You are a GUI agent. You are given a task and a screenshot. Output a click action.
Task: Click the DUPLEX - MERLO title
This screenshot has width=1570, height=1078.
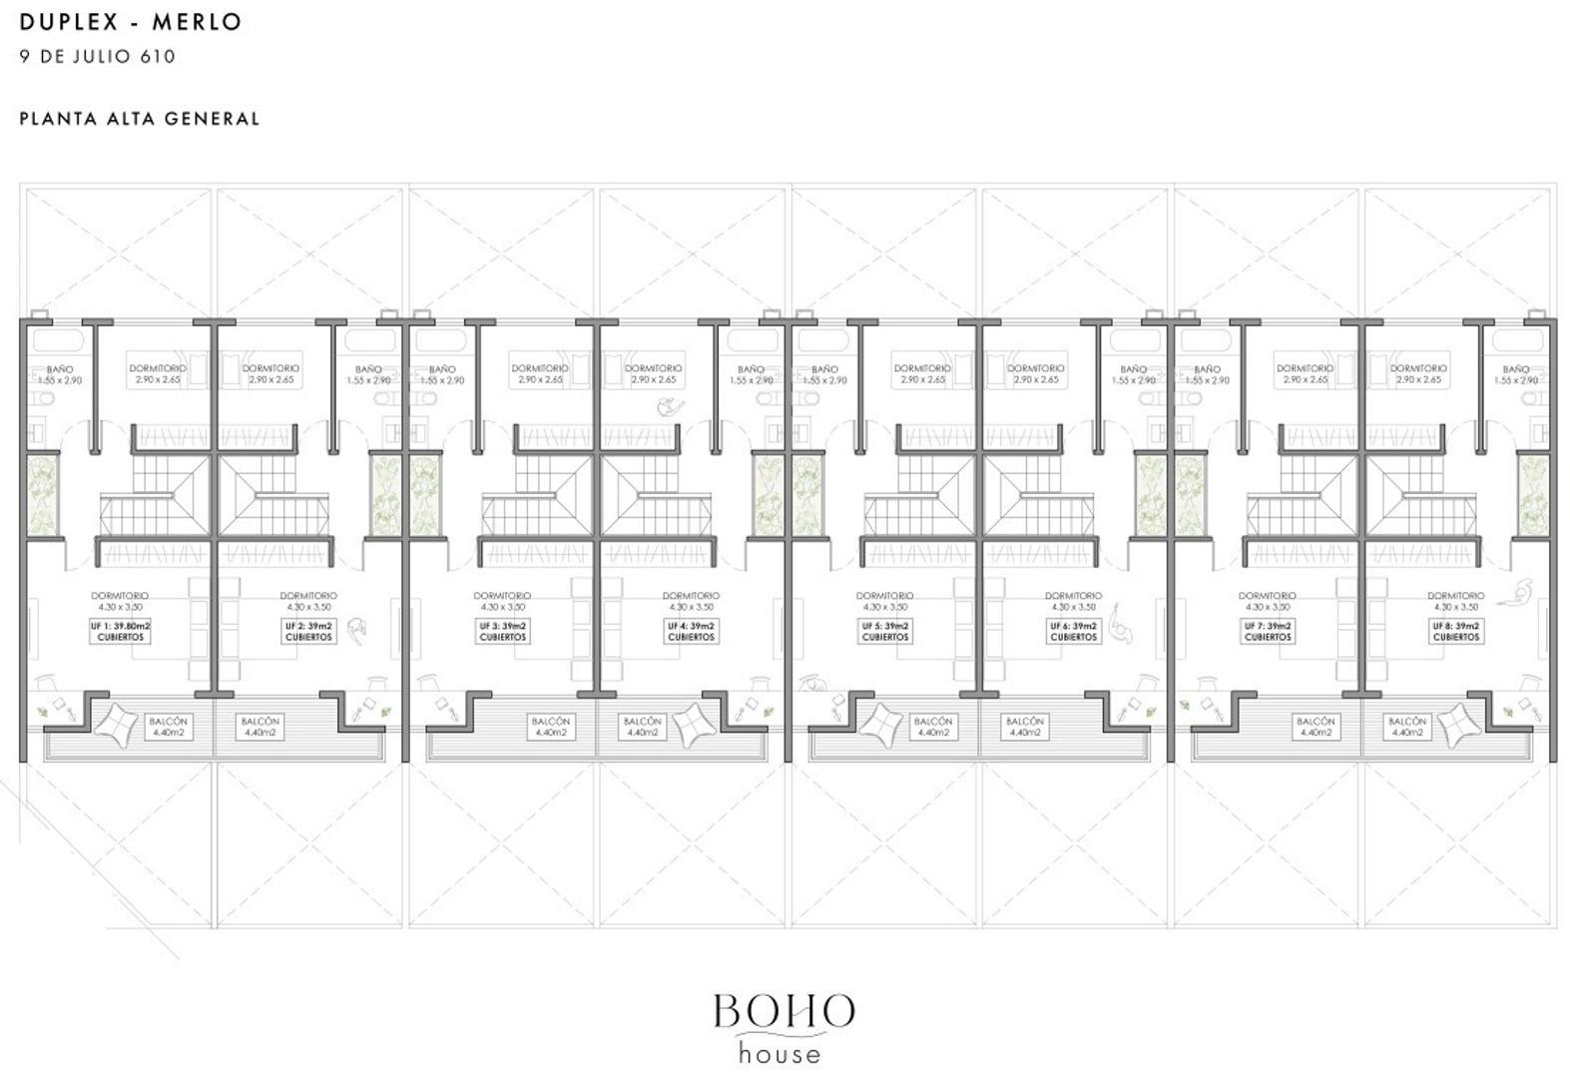tap(131, 22)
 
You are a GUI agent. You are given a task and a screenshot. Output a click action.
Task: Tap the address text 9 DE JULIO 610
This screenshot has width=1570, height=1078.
tap(98, 57)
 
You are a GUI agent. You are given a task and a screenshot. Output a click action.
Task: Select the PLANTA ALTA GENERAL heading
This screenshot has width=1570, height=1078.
tap(140, 119)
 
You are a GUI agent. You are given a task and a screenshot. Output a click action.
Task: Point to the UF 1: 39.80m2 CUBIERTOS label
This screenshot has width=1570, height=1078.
tap(120, 631)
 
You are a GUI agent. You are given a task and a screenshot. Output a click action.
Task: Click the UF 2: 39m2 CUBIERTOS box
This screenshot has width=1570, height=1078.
tap(308, 631)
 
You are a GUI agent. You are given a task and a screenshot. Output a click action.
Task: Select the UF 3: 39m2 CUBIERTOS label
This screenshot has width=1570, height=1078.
tap(502, 631)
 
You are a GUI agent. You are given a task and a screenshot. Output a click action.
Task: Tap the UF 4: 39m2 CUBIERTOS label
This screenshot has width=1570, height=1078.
tap(691, 631)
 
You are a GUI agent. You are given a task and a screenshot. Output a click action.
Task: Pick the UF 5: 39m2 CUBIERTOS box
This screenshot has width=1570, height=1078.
tap(884, 631)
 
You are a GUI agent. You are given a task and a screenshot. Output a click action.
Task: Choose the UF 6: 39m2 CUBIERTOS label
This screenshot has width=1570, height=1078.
tap(1073, 631)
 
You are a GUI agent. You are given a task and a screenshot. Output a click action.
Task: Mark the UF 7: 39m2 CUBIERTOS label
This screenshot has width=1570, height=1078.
tap(1268, 631)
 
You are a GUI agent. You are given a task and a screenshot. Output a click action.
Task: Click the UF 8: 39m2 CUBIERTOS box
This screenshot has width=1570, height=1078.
tap(1456, 631)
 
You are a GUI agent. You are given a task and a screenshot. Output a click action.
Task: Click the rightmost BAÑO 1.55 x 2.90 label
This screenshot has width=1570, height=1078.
tap(1515, 374)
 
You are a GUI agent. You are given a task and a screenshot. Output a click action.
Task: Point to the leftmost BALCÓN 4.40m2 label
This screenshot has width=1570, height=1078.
tap(168, 727)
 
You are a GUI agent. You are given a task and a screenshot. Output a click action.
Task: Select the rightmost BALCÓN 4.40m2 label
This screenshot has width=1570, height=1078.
tap(1406, 727)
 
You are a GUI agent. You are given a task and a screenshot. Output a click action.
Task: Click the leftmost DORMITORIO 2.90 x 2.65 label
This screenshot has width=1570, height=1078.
tap(158, 373)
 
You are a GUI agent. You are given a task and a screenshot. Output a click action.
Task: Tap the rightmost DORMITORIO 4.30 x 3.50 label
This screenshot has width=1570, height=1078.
tap(1455, 601)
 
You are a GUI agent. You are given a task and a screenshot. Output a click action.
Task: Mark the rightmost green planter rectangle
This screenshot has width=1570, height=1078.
tap(1532, 494)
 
